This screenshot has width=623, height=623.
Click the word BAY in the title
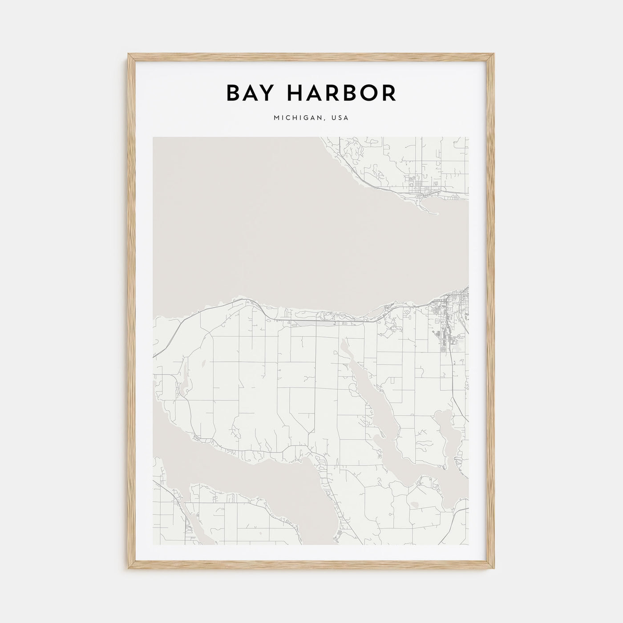point(251,93)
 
